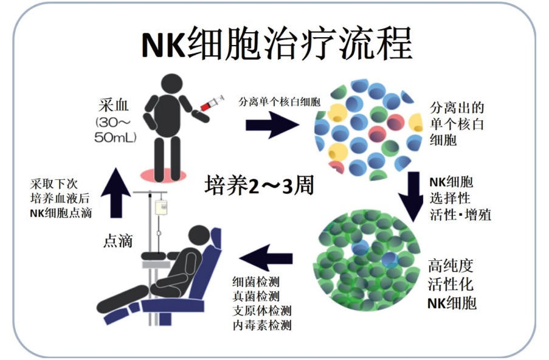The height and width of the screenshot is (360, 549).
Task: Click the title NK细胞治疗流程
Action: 277,44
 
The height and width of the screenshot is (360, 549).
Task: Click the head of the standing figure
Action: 171,85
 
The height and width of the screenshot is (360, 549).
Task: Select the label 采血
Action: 114,105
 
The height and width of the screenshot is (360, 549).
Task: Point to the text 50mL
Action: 115,137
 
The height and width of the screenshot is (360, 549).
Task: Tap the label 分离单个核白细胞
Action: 280,102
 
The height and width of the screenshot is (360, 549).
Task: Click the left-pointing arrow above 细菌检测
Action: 266,258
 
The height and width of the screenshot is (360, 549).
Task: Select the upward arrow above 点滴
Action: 116,193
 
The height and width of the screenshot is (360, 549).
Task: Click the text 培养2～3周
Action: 260,185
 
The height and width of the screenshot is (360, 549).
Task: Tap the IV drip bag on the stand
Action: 161,207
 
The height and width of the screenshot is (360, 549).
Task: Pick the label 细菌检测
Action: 256,282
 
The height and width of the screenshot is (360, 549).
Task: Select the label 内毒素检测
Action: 262,325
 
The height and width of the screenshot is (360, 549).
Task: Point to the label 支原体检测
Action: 262,311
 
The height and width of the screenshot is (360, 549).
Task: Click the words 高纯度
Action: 451,266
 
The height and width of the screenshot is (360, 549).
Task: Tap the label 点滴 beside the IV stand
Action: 118,241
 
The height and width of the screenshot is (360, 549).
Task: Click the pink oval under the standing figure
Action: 163,175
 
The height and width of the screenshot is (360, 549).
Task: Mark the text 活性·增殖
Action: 460,214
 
